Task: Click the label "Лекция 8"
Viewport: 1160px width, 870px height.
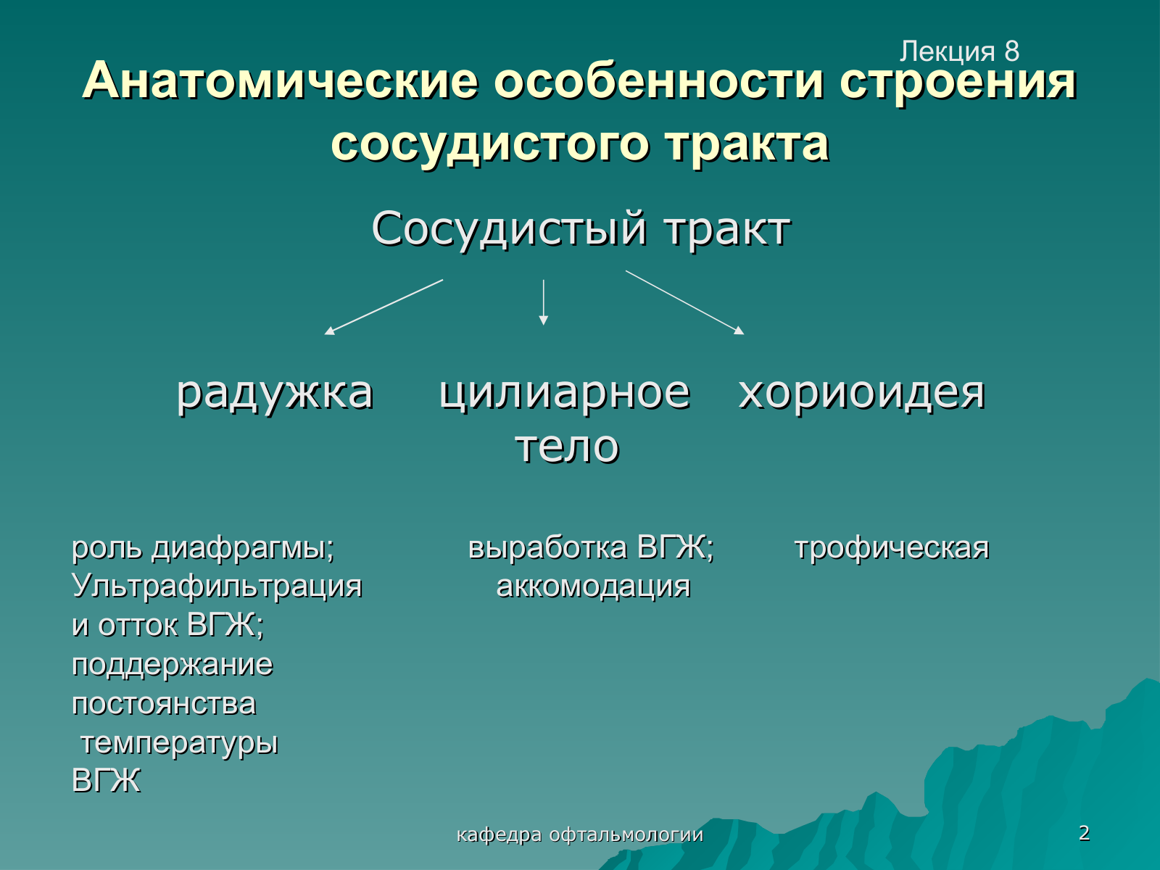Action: coord(959,51)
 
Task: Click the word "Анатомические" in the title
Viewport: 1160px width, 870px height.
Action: coord(280,81)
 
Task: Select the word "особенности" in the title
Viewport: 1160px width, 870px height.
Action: coord(658,81)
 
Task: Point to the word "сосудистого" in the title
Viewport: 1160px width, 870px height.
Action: coord(489,144)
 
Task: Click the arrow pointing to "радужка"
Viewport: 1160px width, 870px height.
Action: coord(384,307)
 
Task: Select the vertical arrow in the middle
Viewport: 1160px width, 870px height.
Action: coord(543,302)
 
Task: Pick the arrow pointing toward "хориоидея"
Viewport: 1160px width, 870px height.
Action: coord(685,302)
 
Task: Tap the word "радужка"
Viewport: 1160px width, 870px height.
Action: coord(275,394)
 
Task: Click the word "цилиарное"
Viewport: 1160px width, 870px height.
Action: coord(565,393)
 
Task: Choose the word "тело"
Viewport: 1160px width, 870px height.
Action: coord(567,447)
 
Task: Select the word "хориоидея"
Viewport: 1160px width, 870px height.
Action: coord(861,394)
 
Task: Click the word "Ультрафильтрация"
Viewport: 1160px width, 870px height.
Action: coord(217,587)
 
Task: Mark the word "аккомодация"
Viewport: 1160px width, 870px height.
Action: coord(593,587)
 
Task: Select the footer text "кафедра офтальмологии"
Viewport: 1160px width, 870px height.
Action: coord(580,835)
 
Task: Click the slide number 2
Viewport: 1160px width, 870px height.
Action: coord(1084,833)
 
